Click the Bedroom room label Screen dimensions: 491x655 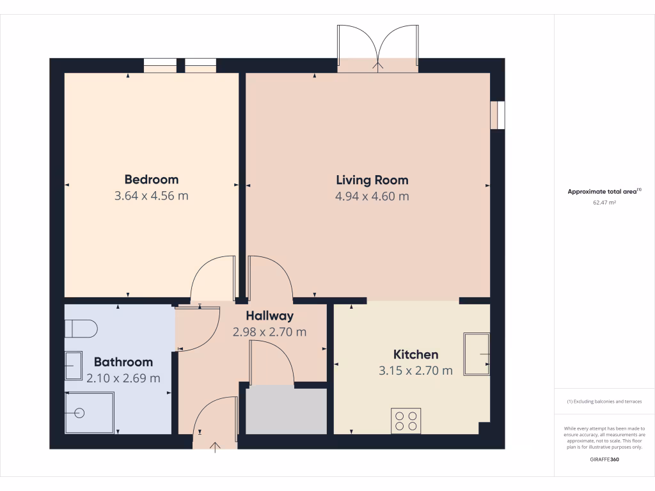(x=151, y=180)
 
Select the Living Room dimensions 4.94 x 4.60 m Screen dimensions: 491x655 (x=372, y=196)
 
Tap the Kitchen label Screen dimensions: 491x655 (x=415, y=354)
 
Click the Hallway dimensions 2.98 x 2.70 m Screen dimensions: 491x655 (x=269, y=332)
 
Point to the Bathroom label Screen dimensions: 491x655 (x=123, y=362)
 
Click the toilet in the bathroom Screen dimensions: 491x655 (x=81, y=329)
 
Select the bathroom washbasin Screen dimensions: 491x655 (x=74, y=366)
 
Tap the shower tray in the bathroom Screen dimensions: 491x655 (x=90, y=412)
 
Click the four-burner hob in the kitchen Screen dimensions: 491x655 (x=406, y=421)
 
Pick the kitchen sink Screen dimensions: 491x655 (x=477, y=354)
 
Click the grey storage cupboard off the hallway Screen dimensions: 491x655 (x=286, y=409)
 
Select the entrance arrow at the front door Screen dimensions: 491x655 (x=215, y=446)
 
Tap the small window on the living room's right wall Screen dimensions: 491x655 (x=497, y=115)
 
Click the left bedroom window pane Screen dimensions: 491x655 (x=159, y=65)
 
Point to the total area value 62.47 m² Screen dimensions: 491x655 (x=604, y=202)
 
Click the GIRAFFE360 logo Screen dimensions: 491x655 (x=604, y=459)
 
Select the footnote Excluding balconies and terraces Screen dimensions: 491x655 (x=604, y=401)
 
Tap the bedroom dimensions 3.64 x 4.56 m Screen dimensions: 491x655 (x=151, y=196)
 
